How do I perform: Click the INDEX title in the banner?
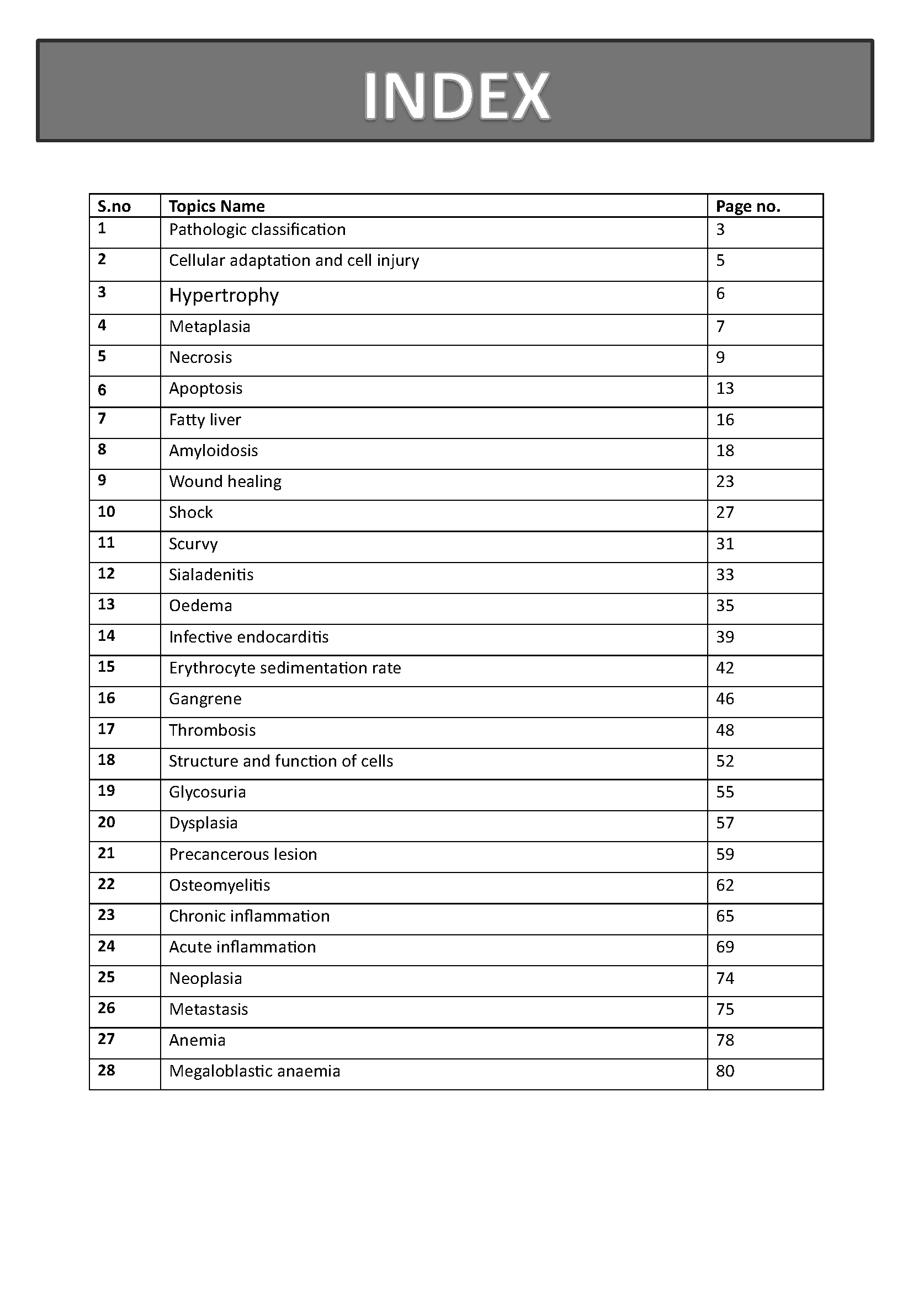tap(456, 95)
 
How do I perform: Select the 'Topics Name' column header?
tap(216, 206)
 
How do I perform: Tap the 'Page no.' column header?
tap(748, 206)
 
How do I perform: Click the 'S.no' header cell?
tap(114, 206)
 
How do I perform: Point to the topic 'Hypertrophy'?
tap(224, 295)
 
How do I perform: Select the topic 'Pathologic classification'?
tap(257, 229)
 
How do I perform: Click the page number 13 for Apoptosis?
tap(725, 388)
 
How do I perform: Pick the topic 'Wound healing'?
tap(225, 481)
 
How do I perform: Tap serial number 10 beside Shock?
tap(106, 511)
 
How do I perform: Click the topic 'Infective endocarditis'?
tap(248, 636)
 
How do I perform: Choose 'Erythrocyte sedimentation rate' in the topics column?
tap(284, 667)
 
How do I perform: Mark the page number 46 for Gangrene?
tap(725, 698)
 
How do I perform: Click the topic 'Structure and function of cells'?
tap(280, 761)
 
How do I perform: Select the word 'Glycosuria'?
tap(207, 792)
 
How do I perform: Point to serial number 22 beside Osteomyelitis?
tap(106, 884)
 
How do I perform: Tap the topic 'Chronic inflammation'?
tap(249, 916)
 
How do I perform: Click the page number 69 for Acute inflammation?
tap(725, 947)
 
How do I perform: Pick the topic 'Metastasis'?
tap(208, 1009)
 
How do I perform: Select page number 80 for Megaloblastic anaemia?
tap(725, 1071)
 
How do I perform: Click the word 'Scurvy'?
tap(193, 544)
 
